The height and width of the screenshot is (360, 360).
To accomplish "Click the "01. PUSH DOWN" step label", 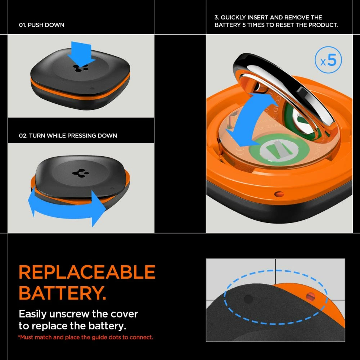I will [x=41, y=25].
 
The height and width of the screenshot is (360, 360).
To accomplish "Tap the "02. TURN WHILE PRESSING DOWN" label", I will [x=68, y=136].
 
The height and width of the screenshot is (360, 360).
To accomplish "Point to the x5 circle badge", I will [x=328, y=61].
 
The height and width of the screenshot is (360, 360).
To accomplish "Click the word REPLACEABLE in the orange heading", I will [x=87, y=273].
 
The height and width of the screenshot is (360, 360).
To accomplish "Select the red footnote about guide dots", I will [x=86, y=337].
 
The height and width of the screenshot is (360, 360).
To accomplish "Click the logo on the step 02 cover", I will [x=78, y=173].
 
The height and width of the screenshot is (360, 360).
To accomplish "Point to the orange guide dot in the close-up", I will [x=310, y=297].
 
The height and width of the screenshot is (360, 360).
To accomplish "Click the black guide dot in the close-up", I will [x=248, y=299].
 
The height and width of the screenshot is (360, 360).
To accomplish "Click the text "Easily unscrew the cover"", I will [x=78, y=314].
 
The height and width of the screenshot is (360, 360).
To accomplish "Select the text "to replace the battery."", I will [x=72, y=326].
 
